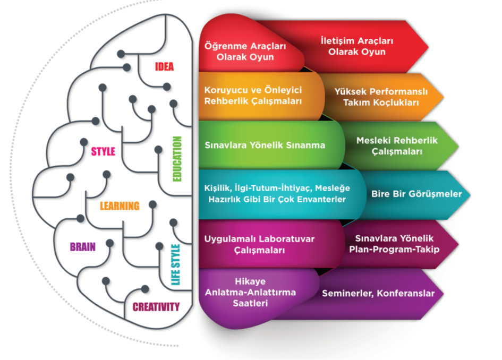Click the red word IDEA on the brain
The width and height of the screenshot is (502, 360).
(164, 67)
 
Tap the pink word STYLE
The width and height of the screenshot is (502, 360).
(103, 151)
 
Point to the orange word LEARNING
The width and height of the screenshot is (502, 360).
(120, 206)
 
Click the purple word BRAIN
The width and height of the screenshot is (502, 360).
(82, 247)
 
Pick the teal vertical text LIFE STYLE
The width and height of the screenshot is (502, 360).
(176, 264)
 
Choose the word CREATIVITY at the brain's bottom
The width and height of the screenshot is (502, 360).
(156, 307)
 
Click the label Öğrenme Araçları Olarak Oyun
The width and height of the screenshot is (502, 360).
(245, 52)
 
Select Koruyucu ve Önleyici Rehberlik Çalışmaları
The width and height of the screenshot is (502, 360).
(253, 96)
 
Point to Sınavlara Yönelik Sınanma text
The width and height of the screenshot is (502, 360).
(265, 145)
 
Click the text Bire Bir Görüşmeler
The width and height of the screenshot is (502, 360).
(416, 194)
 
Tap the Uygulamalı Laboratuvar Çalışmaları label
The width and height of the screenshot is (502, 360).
(259, 244)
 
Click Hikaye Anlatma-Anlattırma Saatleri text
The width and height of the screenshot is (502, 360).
(250, 293)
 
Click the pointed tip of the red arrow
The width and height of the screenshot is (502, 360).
(428, 46)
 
